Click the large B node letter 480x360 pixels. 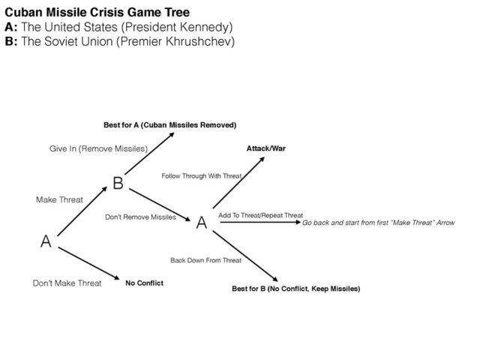point(118,183)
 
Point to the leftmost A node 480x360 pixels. point(46,242)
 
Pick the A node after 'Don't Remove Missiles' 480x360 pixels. point(201,223)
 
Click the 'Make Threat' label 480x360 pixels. point(59,200)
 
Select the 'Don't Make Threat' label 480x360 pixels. point(67,283)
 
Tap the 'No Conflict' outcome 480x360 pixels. point(144,283)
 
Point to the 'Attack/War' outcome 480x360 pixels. point(265,149)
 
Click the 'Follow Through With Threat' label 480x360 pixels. point(202,175)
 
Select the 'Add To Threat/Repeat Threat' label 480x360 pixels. point(260,215)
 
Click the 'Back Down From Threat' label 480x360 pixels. point(205,260)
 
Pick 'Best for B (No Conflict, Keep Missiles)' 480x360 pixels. point(295,289)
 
